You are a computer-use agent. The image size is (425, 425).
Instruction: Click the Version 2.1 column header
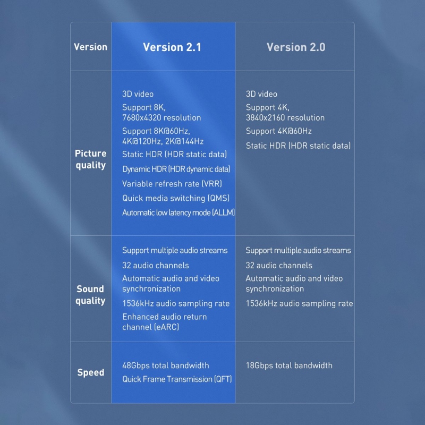(172, 47)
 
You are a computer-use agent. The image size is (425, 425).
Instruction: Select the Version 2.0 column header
(296, 47)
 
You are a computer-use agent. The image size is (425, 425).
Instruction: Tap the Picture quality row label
(90, 159)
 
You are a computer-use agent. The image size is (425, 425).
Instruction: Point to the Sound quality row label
(90, 295)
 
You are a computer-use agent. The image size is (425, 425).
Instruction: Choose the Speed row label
(90, 372)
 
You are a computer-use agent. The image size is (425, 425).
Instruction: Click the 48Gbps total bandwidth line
(166, 365)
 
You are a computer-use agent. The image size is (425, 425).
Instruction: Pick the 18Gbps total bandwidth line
(289, 365)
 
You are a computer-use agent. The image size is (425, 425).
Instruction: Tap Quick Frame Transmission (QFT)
(177, 379)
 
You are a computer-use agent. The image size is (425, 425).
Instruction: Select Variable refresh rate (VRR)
(172, 184)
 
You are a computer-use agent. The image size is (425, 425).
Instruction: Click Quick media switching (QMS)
(176, 198)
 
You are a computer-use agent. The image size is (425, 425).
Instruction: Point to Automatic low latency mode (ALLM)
(178, 212)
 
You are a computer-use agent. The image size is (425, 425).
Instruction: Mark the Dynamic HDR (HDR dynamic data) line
(176, 169)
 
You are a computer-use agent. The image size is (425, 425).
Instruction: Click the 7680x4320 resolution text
(161, 117)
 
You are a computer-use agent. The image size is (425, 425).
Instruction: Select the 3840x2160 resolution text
(285, 117)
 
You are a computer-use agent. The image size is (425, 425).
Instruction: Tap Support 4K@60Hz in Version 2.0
(278, 131)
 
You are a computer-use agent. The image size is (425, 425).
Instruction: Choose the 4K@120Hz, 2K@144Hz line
(163, 141)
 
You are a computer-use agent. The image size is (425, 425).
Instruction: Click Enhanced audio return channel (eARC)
(165, 322)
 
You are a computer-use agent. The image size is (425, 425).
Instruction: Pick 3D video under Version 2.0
(261, 94)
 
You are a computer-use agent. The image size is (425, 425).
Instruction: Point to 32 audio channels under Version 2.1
(156, 265)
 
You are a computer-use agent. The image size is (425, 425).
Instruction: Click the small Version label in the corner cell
(90, 47)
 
